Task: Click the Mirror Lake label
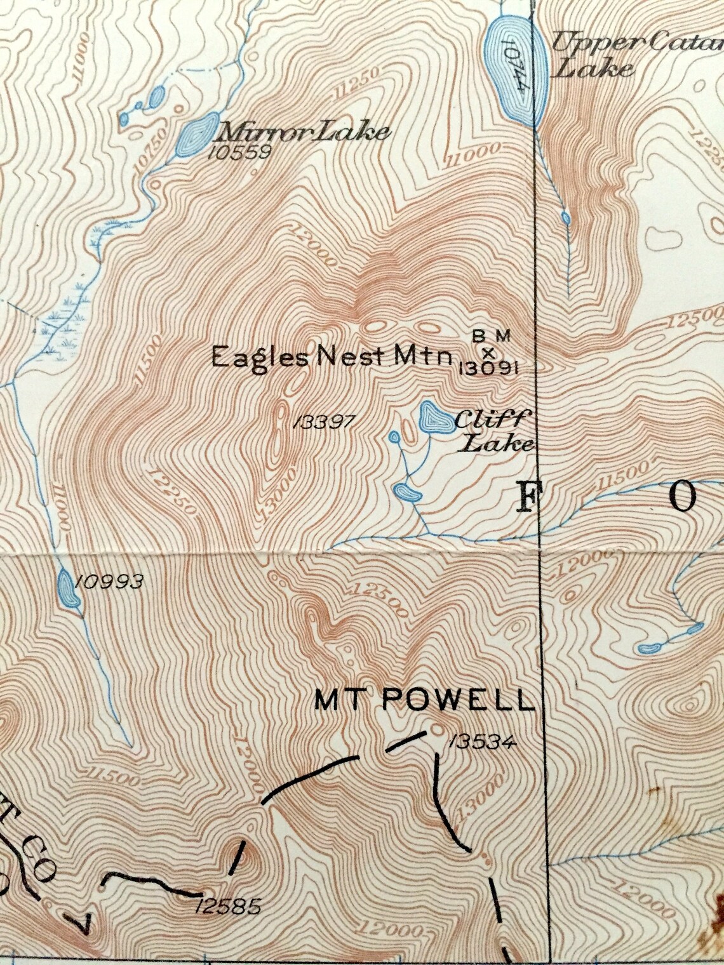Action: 304,131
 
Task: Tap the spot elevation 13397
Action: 323,422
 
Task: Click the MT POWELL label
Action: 424,700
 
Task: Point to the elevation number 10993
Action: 109,581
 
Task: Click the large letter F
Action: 526,497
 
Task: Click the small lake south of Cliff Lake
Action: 405,491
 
